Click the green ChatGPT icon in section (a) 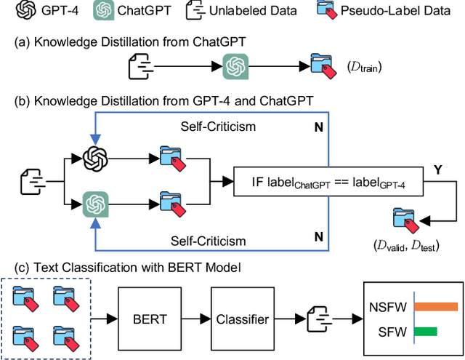(234, 66)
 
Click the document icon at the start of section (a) (140, 66)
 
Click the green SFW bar (425, 332)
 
